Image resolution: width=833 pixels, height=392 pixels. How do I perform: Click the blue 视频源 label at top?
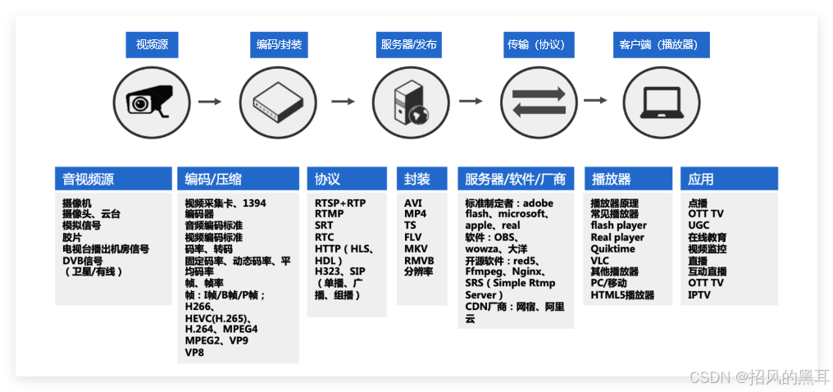tap(152, 44)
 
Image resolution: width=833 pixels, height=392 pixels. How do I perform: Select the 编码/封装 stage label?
tap(280, 44)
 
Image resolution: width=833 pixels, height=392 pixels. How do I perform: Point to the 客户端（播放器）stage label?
tap(660, 44)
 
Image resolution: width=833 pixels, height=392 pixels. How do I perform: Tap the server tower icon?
tap(409, 102)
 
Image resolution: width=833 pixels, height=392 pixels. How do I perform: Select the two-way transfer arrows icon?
tap(538, 102)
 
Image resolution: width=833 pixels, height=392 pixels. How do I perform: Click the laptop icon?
tap(660, 102)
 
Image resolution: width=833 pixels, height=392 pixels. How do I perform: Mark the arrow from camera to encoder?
tap(211, 102)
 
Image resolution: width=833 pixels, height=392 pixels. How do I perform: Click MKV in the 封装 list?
tap(415, 248)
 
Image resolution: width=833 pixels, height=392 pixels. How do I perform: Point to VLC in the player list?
tap(600, 260)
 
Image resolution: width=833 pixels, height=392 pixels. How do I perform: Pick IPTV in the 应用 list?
tap(699, 294)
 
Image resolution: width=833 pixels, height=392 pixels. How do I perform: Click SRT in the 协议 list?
tap(324, 226)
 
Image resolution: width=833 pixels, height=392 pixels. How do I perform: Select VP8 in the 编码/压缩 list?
tap(194, 352)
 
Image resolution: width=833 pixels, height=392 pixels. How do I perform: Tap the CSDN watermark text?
tap(758, 376)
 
